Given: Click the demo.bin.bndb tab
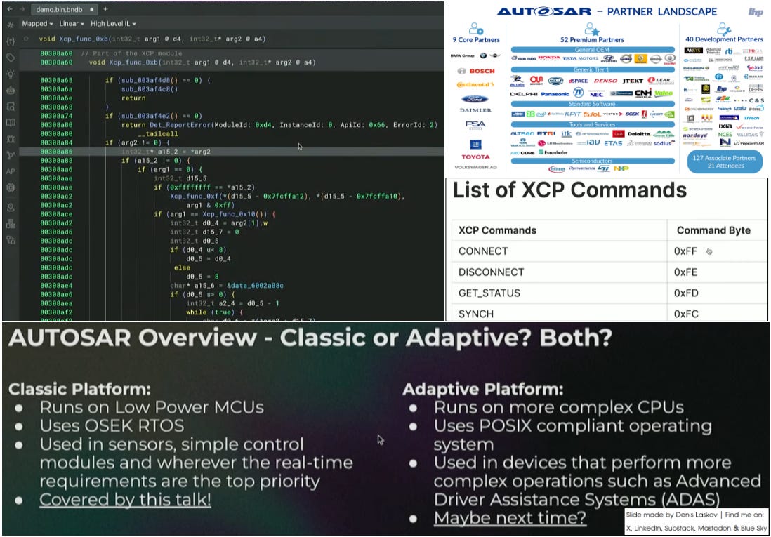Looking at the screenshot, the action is [61, 8].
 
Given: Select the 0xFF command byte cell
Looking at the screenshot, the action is [685, 251].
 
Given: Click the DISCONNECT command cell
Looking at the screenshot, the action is [491, 272].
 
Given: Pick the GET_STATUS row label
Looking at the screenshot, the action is [487, 293].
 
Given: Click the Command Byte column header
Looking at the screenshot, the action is [713, 230].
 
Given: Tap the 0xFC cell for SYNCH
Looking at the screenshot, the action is [685, 314].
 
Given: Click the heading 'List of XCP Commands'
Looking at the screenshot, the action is [569, 190].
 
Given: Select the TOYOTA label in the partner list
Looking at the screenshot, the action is [475, 157].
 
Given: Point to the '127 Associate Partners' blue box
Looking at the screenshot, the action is [724, 161].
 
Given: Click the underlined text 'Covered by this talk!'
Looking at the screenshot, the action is [125, 500].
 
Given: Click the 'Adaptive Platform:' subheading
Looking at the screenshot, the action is [483, 388].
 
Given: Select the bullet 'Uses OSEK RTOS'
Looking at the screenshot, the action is [111, 425].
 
